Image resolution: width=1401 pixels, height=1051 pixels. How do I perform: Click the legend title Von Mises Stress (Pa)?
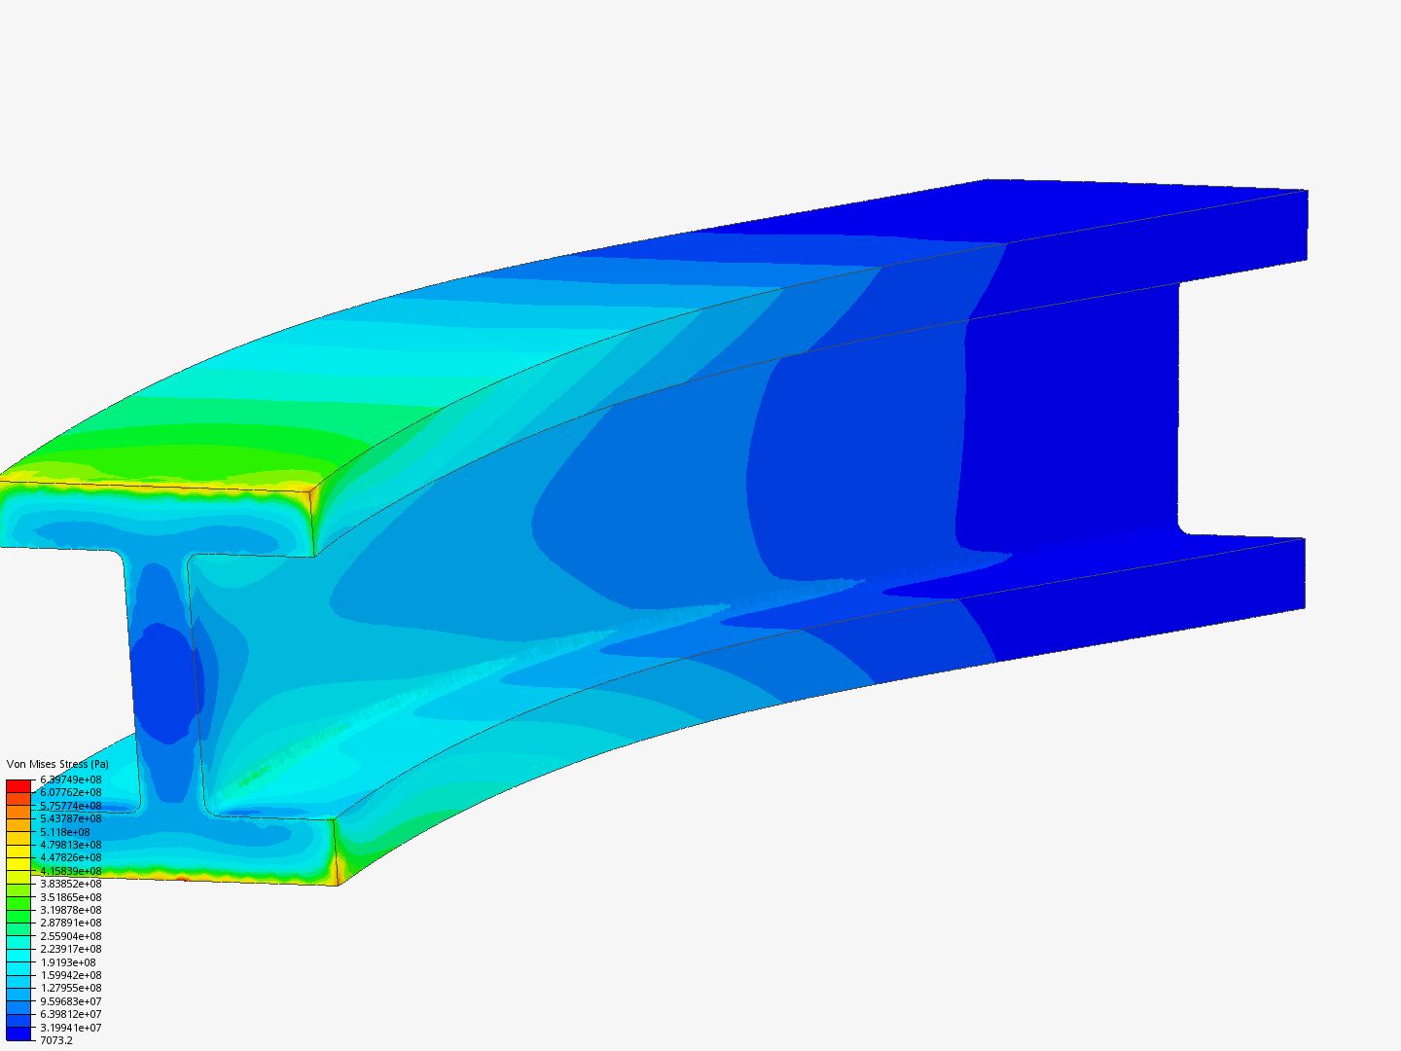(57, 764)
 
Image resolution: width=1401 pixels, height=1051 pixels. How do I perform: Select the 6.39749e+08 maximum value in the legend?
(70, 779)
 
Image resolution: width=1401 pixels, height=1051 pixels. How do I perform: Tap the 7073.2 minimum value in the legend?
(56, 1040)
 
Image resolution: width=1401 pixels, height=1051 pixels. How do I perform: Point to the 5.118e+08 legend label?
(65, 832)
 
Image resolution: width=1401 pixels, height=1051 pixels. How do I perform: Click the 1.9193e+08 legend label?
(68, 962)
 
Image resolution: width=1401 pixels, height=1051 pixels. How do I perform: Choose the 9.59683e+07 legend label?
(70, 1001)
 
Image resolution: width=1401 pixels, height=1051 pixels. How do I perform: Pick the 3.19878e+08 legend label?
(70, 910)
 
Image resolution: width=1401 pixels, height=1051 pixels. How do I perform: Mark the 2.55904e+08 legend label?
(70, 936)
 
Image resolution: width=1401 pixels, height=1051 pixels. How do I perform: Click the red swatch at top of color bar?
(18, 785)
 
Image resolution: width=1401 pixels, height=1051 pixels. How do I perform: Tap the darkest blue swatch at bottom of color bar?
(18, 1033)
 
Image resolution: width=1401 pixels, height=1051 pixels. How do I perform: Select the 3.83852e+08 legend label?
(70, 884)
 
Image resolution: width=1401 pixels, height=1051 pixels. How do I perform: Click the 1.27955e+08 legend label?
(70, 988)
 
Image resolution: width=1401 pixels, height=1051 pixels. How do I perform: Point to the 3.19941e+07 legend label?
(70, 1028)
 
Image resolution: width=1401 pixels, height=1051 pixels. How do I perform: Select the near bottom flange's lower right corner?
(337, 884)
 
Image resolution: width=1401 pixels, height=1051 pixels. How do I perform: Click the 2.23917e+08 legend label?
(70, 949)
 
